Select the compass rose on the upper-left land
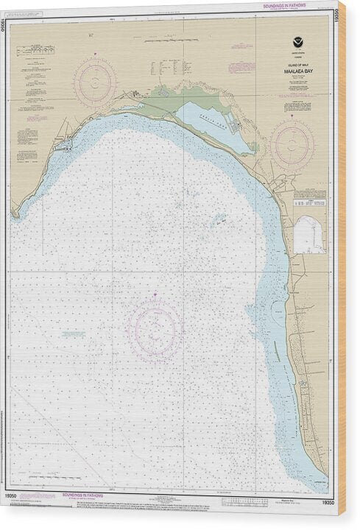[x=95, y=82]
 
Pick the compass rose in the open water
[x=155, y=329]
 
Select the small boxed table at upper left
[x=35, y=49]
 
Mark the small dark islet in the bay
[x=221, y=218]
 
